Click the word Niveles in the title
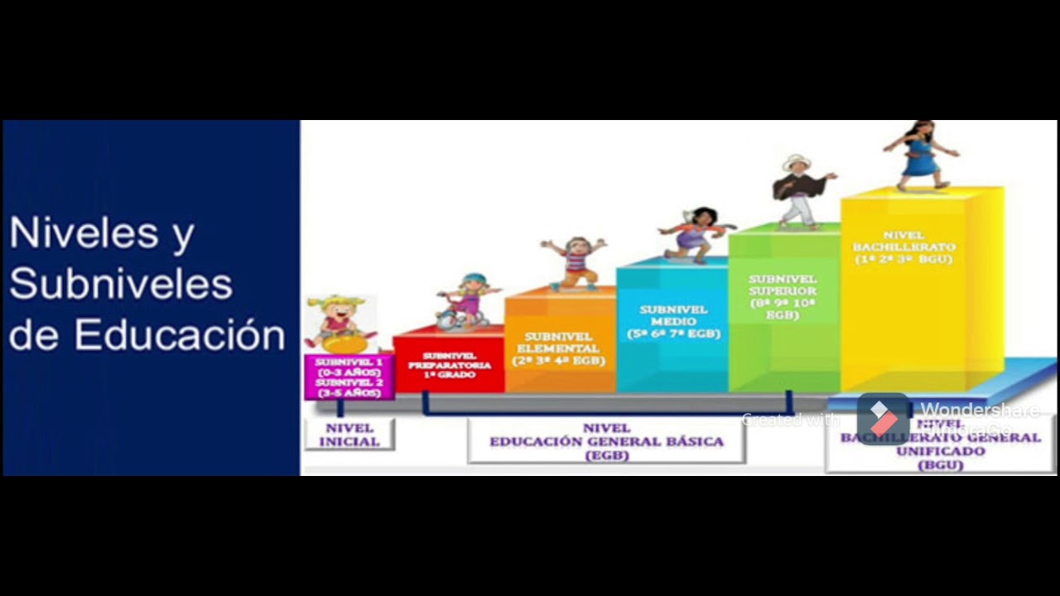(84, 233)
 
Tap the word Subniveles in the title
(121, 284)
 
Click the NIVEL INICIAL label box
(349, 435)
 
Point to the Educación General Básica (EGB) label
(606, 441)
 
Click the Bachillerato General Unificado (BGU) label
(940, 445)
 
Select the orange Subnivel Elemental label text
(559, 348)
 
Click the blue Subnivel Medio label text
(673, 321)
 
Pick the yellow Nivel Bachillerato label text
(903, 248)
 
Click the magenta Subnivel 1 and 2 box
(349, 377)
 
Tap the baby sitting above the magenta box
(338, 323)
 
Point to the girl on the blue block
(696, 234)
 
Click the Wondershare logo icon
(883, 418)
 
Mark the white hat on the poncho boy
(797, 161)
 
